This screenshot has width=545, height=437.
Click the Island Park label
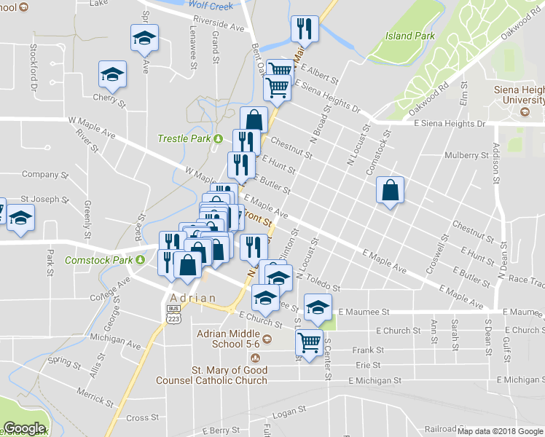409,35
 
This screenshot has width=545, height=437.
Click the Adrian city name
193,298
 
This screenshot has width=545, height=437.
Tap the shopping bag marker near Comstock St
391,191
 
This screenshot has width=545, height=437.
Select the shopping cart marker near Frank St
310,342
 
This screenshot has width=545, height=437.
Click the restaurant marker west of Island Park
302,29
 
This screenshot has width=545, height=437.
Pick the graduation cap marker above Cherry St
113,74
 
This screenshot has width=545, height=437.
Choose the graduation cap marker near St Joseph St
21,218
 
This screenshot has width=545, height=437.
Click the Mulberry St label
466,155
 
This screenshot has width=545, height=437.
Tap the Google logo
24,429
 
